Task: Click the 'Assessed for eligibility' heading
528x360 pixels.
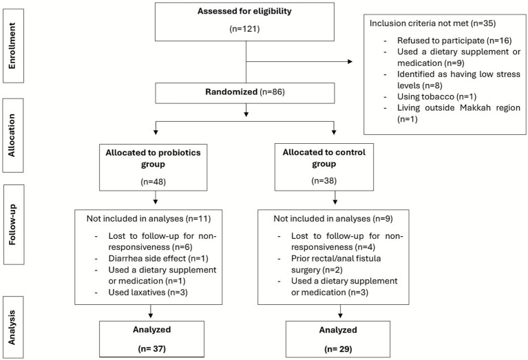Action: [244, 11]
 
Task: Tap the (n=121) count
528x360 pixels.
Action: [244, 29]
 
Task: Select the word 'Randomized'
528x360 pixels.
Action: [231, 92]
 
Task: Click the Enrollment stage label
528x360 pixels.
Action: [12, 46]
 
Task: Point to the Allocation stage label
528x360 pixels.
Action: [12, 135]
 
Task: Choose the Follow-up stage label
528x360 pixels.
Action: [12, 224]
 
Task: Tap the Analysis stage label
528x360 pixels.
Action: [12, 328]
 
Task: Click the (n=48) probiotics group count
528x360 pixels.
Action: [154, 182]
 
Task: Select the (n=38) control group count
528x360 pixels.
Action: [324, 181]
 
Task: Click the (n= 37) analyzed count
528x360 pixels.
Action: [152, 348]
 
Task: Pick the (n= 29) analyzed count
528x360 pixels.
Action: [338, 349]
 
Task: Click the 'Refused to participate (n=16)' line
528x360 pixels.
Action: [454, 41]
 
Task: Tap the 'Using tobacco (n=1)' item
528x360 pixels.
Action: [436, 96]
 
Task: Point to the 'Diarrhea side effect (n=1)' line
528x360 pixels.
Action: [158, 258]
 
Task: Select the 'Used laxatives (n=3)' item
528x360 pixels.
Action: [148, 292]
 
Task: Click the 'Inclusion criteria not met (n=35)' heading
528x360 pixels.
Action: [433, 23]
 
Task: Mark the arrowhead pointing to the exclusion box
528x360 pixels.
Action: [350, 62]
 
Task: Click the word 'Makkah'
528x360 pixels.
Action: [474, 108]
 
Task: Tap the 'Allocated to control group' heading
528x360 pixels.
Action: [324, 158]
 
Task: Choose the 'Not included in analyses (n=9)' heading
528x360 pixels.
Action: [332, 219]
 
